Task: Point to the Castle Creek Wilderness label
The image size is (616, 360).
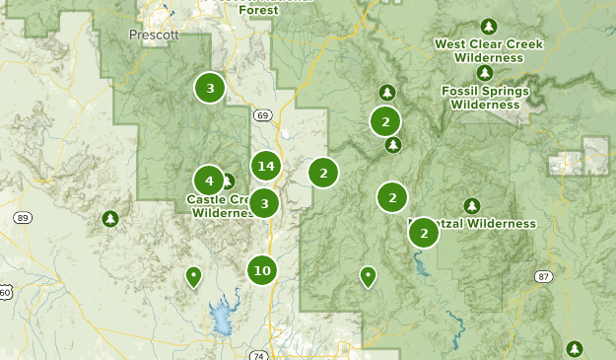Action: pyautogui.click(x=224, y=206)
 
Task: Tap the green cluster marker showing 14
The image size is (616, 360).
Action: pyautogui.click(x=265, y=166)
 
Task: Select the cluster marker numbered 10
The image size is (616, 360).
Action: pyautogui.click(x=261, y=269)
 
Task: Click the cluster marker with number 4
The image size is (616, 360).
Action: pyautogui.click(x=209, y=180)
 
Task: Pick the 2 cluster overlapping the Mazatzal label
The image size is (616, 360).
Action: pyautogui.click(x=424, y=233)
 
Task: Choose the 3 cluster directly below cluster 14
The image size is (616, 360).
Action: pyautogui.click(x=264, y=203)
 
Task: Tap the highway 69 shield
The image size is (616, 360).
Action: pyautogui.click(x=261, y=115)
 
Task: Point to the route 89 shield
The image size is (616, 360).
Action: pyautogui.click(x=24, y=217)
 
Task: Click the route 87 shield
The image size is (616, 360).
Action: pyautogui.click(x=543, y=277)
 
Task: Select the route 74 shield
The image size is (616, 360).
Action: pyautogui.click(x=257, y=355)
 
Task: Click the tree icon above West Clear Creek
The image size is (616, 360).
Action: pyautogui.click(x=485, y=26)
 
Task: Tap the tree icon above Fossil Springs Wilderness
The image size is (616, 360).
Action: pyautogui.click(x=483, y=74)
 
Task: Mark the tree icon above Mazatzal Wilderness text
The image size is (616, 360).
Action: pyautogui.click(x=471, y=205)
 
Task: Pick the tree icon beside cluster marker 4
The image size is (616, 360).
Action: pyautogui.click(x=228, y=181)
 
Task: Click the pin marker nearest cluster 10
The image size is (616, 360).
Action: pyautogui.click(x=194, y=277)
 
